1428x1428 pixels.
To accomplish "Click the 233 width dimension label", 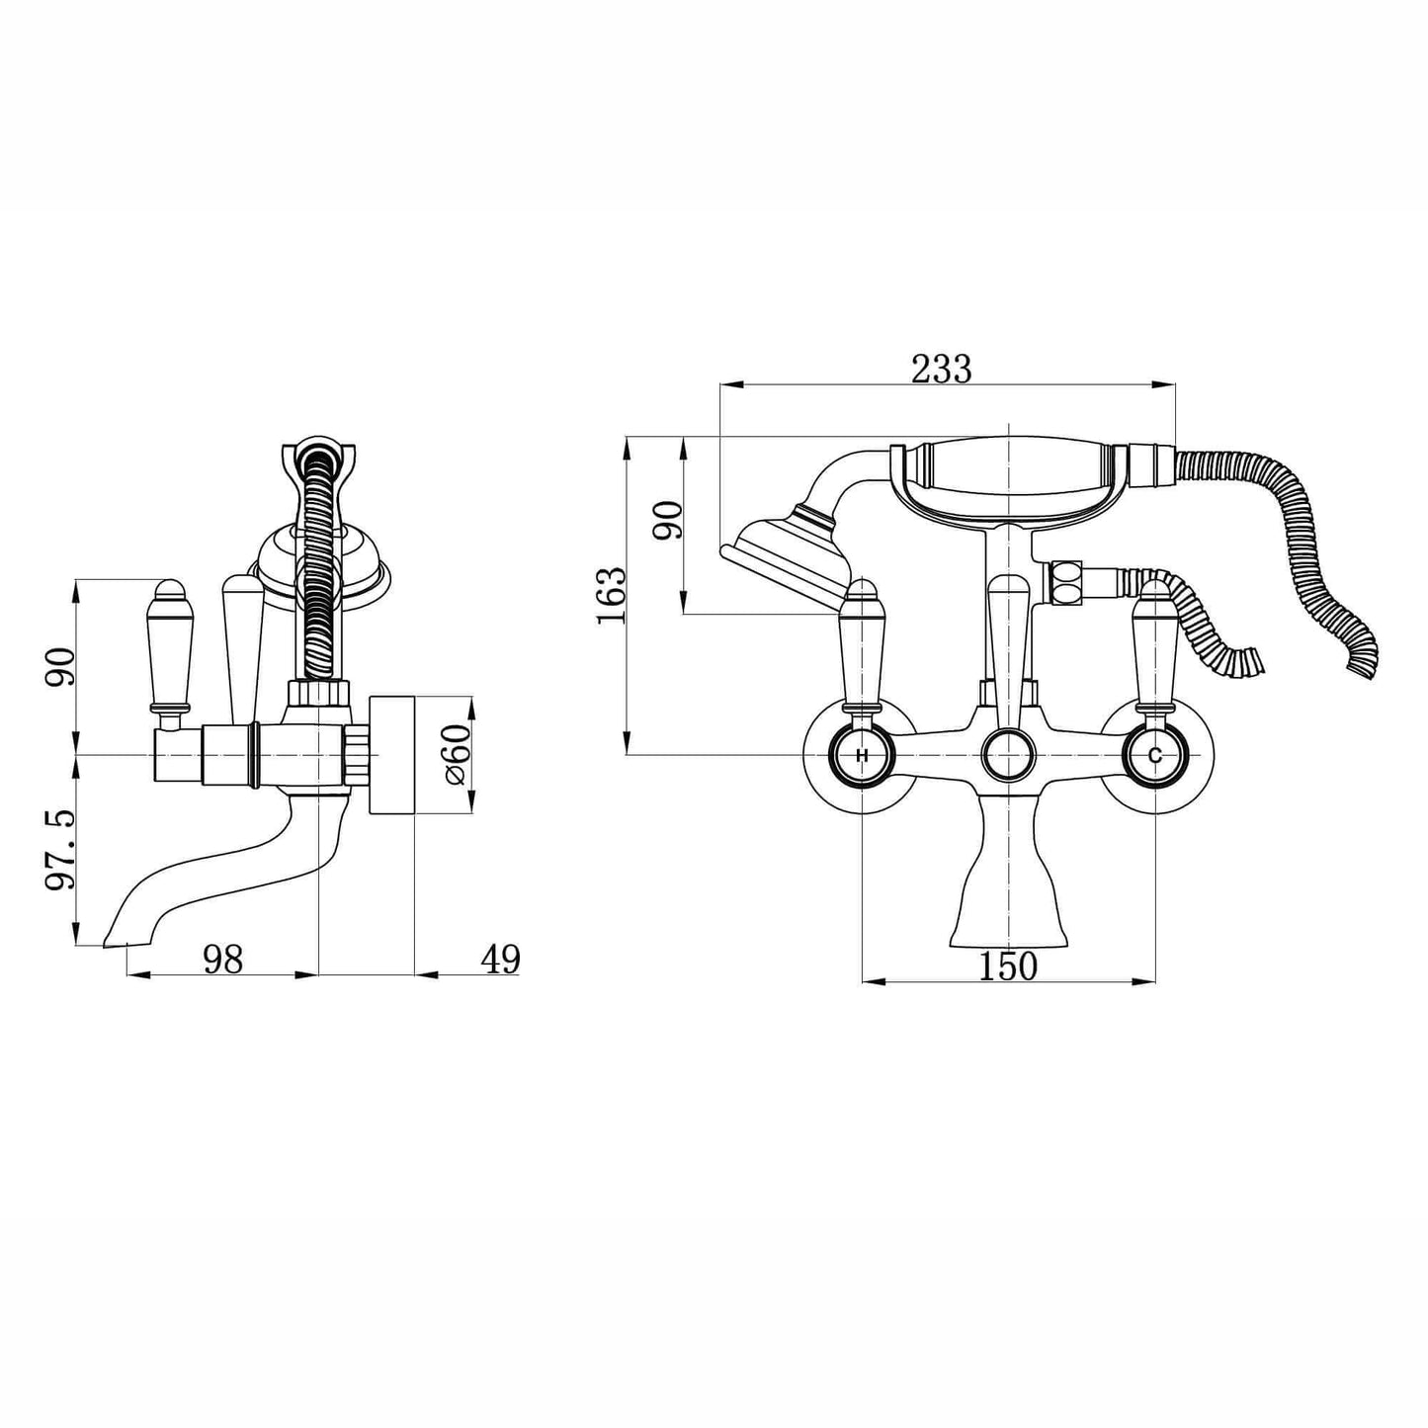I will tap(941, 370).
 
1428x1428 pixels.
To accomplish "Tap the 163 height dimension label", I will tap(612, 594).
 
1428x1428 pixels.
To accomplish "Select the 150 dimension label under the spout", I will tap(1008, 966).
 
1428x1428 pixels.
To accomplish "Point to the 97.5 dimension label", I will tap(60, 851).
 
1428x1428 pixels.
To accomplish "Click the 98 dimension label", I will tap(222, 959).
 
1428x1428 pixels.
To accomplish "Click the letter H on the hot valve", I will tap(862, 756).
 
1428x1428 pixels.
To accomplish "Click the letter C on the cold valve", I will tap(1154, 756).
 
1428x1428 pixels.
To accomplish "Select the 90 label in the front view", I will tap(670, 521).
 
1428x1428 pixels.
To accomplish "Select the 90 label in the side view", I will tap(60, 667).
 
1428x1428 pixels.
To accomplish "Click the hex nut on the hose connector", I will tap(1065, 581).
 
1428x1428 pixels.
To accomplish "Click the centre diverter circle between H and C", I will tap(1007, 756).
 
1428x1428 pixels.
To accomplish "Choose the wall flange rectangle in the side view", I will tap(391, 756).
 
